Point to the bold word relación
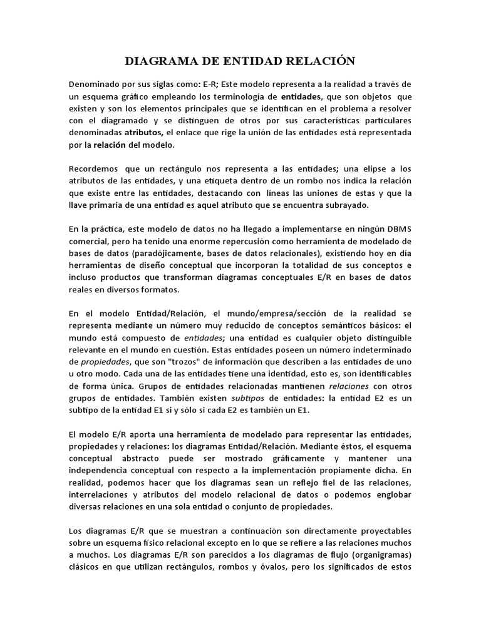click(x=110, y=145)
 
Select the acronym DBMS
click(x=395, y=229)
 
